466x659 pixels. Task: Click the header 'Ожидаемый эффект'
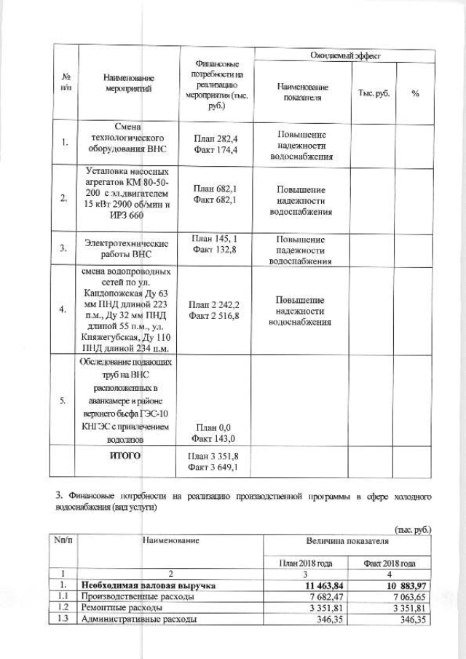click(x=342, y=55)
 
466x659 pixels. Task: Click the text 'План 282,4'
click(x=216, y=137)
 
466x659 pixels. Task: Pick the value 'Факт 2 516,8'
click(x=216, y=316)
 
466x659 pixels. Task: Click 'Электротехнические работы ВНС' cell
click(x=127, y=249)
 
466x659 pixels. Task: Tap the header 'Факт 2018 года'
click(x=390, y=563)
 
